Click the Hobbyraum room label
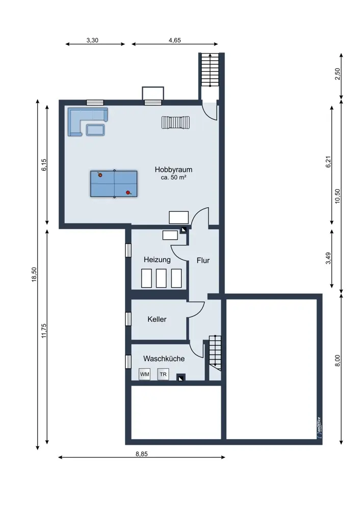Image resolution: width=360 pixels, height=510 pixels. (173, 169)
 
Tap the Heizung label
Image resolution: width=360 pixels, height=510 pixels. (157, 260)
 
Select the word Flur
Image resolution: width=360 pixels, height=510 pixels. (203, 261)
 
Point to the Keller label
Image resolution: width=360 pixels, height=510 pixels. (157, 319)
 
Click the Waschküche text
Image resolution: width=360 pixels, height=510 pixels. (164, 359)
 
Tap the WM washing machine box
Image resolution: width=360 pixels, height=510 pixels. (145, 374)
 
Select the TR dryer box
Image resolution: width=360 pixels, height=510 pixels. (163, 374)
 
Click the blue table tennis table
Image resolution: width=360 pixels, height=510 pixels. (114, 184)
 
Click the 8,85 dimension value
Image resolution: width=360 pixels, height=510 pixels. (141, 454)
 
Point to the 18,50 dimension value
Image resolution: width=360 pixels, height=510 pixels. (34, 274)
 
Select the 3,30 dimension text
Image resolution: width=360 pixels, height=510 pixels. (92, 40)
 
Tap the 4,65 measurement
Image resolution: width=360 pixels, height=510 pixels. (174, 40)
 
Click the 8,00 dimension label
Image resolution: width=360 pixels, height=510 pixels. (338, 361)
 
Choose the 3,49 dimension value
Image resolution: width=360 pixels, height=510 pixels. (328, 258)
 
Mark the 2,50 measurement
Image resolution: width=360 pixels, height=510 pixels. (338, 74)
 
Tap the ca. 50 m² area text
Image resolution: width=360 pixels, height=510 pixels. (173, 177)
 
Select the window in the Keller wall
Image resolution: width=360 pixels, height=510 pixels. (128, 319)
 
